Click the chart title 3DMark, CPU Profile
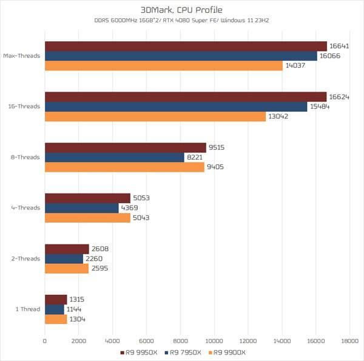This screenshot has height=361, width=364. point(181,10)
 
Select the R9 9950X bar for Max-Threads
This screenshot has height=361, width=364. point(186,46)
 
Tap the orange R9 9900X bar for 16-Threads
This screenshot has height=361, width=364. point(155,116)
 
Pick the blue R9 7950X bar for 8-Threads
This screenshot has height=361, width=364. point(114,157)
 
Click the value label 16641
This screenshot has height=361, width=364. point(339,46)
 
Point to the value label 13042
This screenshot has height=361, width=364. point(278,116)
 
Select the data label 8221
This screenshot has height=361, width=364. point(197,157)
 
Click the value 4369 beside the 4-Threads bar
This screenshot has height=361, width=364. point(132,208)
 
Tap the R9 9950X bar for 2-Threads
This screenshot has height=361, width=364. point(67,249)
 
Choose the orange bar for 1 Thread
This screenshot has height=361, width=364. point(56,319)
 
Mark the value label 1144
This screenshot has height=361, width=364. point(76,309)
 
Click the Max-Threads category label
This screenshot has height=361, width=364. point(22,56)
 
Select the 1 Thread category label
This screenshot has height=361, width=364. point(28,309)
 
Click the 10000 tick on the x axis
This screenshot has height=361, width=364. point(214,342)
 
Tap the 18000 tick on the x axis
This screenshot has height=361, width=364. point(349,342)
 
